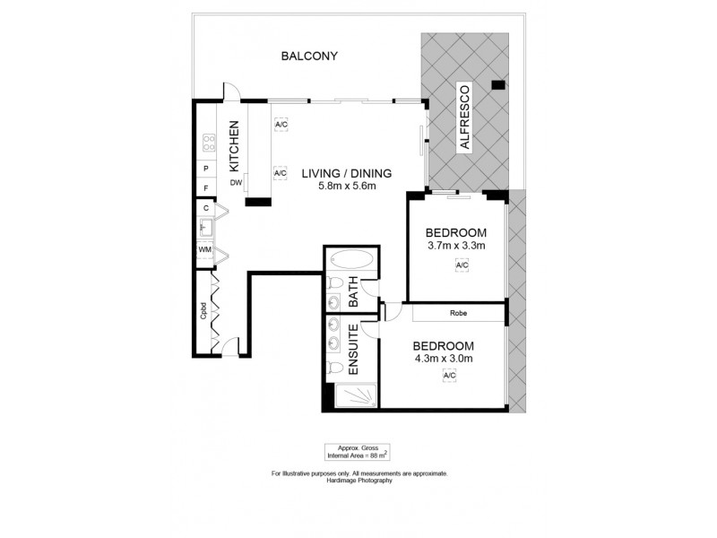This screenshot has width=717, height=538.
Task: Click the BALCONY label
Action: (309, 56)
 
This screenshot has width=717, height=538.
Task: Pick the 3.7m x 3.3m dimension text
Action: (456, 246)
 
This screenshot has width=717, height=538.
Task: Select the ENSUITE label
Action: (353, 349)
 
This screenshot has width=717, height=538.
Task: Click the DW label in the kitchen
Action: (237, 183)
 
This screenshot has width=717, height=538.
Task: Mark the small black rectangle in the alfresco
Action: (498, 86)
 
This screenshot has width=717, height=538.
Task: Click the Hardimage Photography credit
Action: (358, 481)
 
